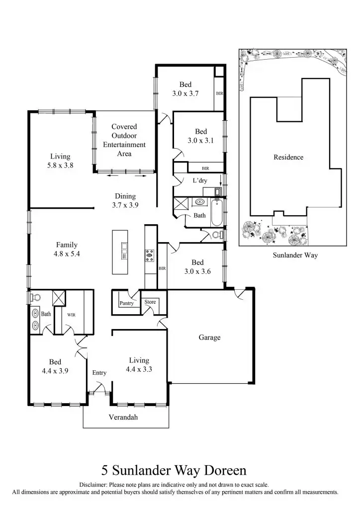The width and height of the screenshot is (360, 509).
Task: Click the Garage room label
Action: [209, 338]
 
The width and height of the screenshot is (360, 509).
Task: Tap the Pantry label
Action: [126, 303]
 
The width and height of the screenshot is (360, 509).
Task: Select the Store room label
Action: [150, 302]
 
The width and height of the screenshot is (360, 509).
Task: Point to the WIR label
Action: [71, 314]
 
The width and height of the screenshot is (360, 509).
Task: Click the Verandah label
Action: [123, 418]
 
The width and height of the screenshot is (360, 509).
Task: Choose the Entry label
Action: [99, 373]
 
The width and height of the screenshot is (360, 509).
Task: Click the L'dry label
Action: [200, 180]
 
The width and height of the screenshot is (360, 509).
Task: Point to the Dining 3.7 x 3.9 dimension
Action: [125, 205]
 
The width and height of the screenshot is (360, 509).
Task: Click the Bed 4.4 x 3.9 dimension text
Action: [55, 371]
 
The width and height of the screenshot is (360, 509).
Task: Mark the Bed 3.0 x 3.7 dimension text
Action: [185, 93]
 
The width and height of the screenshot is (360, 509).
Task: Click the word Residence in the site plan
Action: [288, 158]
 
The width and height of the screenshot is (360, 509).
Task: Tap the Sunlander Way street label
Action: [295, 255]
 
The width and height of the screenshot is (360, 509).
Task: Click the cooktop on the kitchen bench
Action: [149, 255]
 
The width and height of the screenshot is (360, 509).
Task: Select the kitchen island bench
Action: [120, 252]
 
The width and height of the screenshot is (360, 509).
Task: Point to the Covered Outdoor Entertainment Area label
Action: [124, 140]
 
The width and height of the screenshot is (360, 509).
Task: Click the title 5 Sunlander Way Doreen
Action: [174, 470]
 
